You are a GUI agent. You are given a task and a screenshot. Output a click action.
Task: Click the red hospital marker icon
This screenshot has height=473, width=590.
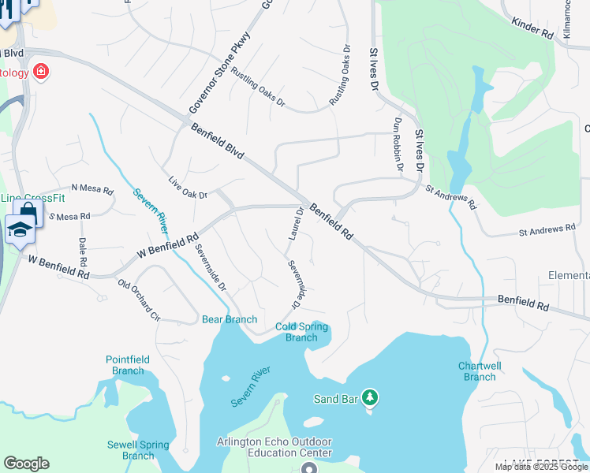click(40, 73)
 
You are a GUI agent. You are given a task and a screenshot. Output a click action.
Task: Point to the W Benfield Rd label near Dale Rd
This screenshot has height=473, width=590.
click(58, 266)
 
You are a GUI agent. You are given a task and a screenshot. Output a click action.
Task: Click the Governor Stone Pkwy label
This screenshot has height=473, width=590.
click(219, 72)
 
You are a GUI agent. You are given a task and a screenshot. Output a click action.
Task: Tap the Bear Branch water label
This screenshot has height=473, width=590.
click(230, 319)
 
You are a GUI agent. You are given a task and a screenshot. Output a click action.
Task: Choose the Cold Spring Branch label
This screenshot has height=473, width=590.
click(301, 332)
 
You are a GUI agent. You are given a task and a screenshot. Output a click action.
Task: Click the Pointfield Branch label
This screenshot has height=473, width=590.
click(128, 365)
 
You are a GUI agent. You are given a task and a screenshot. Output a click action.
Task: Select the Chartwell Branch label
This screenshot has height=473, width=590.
click(480, 371)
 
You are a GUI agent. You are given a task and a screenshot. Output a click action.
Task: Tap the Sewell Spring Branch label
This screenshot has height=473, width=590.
click(138, 450)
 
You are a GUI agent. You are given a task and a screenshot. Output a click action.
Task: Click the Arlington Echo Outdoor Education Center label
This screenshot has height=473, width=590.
click(274, 448)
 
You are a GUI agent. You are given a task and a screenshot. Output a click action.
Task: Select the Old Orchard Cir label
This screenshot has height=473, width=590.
click(139, 300)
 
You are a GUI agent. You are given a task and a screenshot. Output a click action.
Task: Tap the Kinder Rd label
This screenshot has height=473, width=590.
click(532, 31)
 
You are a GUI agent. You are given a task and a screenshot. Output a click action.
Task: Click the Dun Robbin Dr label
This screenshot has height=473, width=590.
click(398, 144)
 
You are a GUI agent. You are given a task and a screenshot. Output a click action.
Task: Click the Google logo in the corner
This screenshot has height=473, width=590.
click(26, 464)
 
